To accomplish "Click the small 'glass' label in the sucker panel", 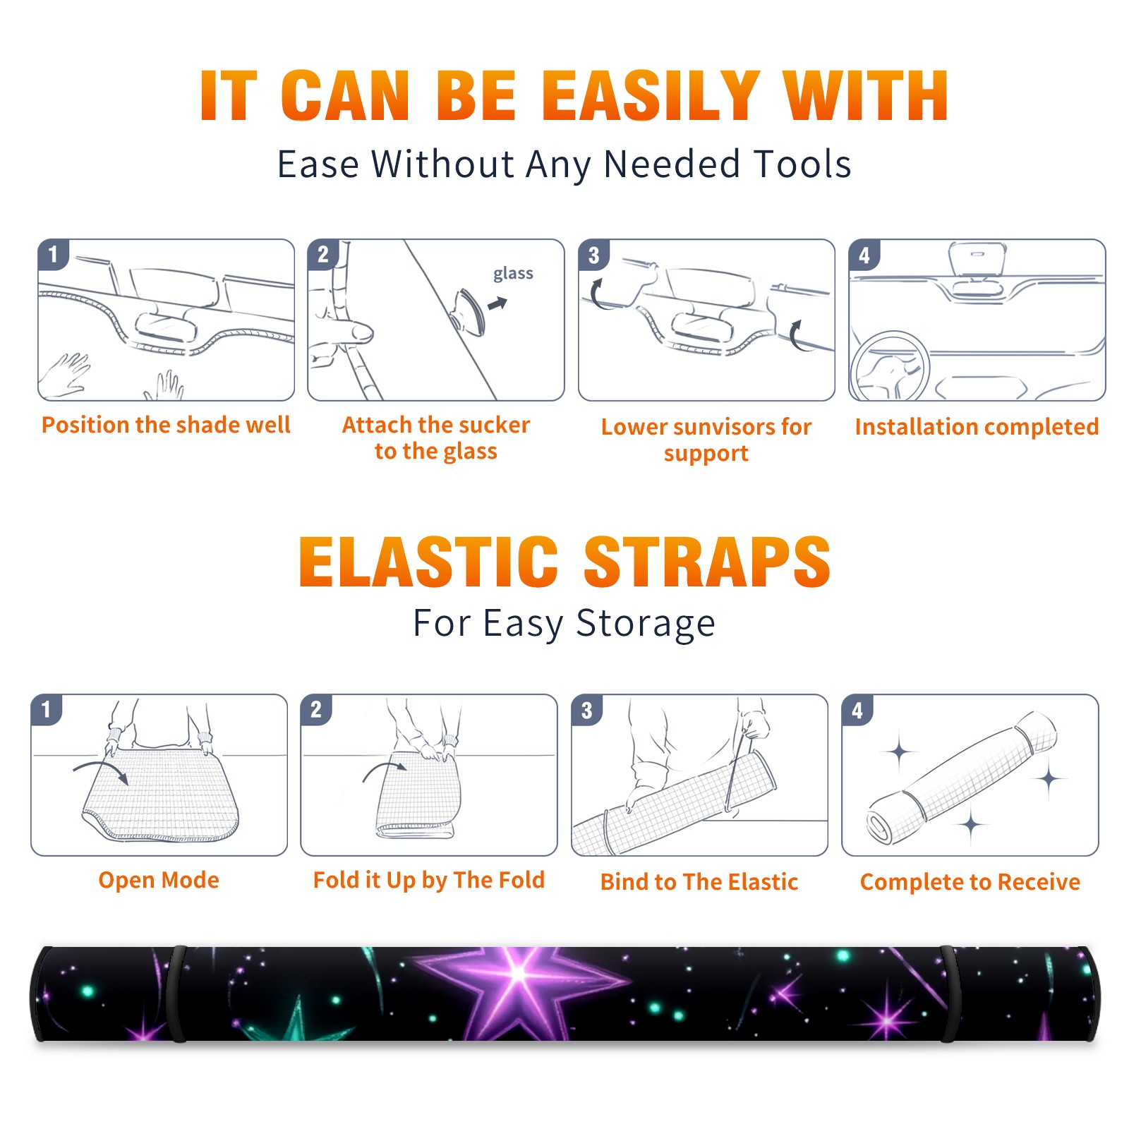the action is [x=513, y=273].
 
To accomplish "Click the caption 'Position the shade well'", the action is [x=166, y=425].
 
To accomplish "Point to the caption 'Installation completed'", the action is [x=977, y=427].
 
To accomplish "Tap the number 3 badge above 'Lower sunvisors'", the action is [x=593, y=255].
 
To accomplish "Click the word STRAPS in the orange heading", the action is [x=707, y=562].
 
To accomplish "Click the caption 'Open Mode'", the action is [x=159, y=880].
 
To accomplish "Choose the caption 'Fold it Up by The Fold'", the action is [x=429, y=881].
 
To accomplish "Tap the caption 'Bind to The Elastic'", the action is [x=699, y=882].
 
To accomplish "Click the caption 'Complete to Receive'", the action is [x=970, y=882].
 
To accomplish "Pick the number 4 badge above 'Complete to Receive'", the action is [x=857, y=710].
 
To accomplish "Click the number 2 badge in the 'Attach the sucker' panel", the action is [x=323, y=255].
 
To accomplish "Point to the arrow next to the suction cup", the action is [x=497, y=303].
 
